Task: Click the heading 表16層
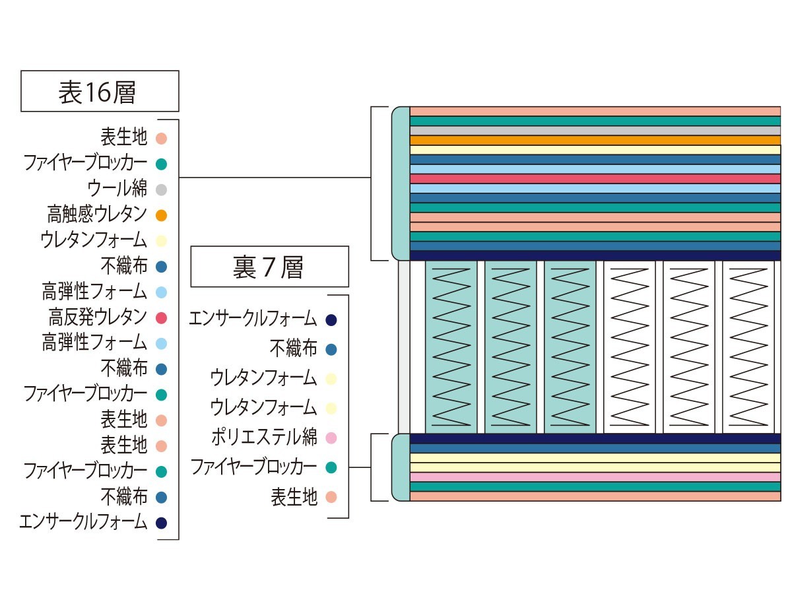point(97,92)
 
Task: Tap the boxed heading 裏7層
point(268,267)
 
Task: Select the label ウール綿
point(117,188)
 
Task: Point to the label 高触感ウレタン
point(97,214)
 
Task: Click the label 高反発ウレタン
point(98,317)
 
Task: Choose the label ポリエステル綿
point(264,437)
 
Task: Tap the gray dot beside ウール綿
point(161,189)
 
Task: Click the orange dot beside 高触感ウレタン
point(161,215)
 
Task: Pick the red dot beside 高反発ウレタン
point(161,318)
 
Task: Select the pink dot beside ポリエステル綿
point(331,438)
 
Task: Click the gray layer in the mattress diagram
point(595,131)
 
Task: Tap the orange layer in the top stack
point(595,141)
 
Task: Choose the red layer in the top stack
point(595,179)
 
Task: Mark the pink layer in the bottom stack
point(595,477)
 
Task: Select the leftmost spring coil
point(451,347)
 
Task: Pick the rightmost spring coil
point(748,347)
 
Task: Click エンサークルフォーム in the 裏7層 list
point(253,319)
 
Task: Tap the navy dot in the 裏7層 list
point(331,320)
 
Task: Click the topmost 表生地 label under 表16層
point(124,137)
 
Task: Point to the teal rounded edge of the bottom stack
point(401,468)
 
